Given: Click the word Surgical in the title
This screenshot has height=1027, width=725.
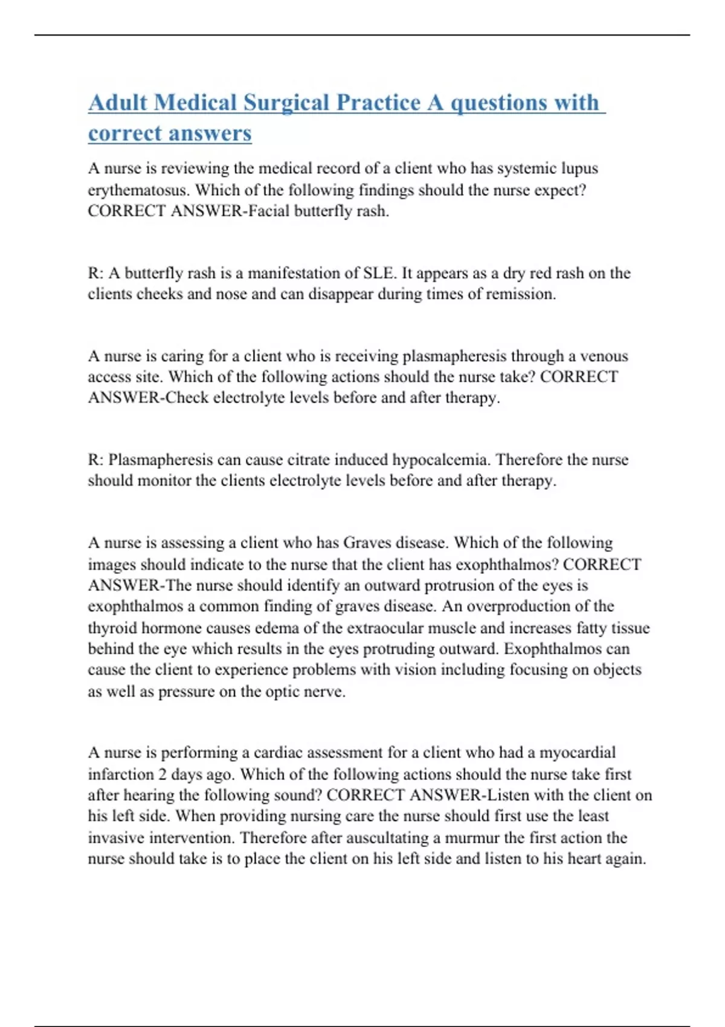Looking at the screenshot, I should coord(286,103).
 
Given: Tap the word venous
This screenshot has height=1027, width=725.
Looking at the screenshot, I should coord(605,356).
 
